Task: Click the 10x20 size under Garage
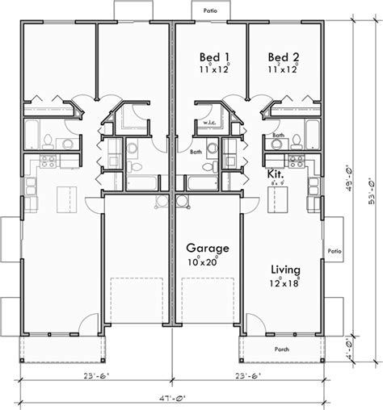point(205,262)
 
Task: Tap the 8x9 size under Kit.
point(276,184)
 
